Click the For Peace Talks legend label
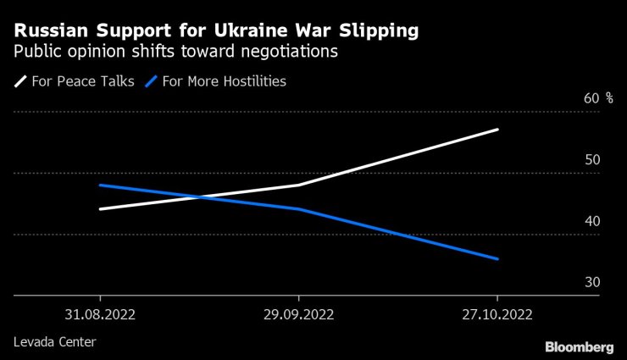point(82,82)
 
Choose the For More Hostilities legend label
point(225,82)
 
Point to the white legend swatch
point(20,82)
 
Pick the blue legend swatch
point(153,82)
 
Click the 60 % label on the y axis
point(597,98)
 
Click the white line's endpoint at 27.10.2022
point(497,130)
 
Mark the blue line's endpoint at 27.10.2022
point(497,259)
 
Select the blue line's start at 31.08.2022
point(100,185)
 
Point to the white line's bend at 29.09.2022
point(298,185)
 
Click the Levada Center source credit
point(54,342)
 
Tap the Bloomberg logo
point(579,347)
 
